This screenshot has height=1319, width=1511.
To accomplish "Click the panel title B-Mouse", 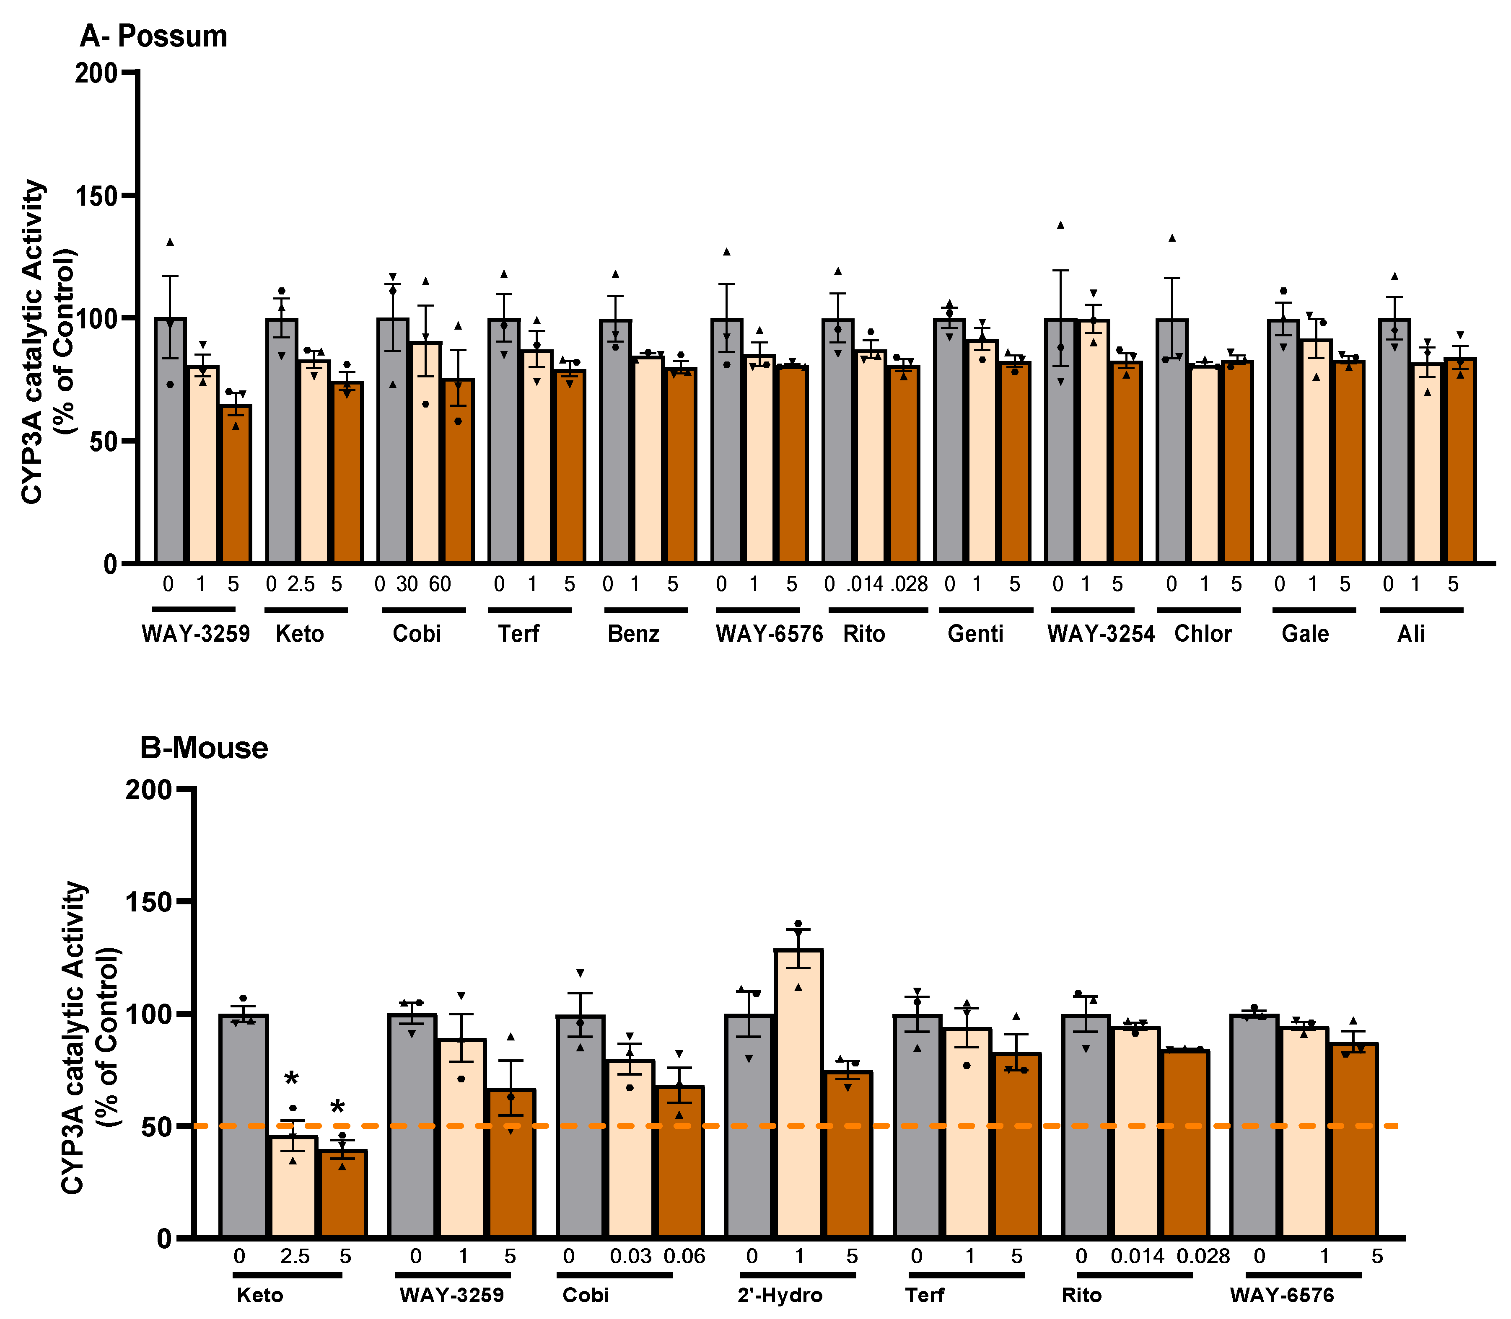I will pos(204,748).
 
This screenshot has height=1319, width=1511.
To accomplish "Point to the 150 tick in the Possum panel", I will pos(96,196).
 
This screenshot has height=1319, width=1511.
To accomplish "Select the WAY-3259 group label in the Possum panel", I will pos(195,634).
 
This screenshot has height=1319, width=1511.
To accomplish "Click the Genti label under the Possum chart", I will pos(975,634).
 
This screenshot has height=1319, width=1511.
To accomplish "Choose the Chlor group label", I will pos(1203,634).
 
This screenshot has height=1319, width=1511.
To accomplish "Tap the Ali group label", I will pos(1411,634).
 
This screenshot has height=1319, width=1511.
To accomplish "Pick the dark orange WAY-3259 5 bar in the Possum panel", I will pos(236,486).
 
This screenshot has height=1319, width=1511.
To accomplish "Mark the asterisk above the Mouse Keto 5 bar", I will pos(337,1107).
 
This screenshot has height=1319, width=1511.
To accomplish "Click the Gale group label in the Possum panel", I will pos(1305,634).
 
